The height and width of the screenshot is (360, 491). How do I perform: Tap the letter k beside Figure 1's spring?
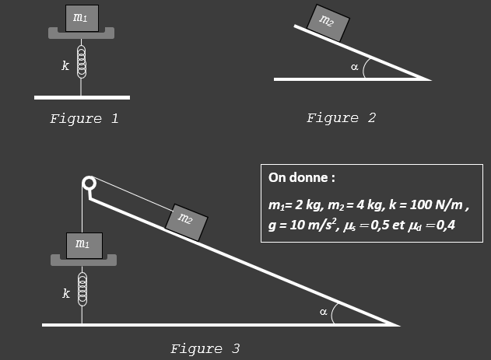point(65,67)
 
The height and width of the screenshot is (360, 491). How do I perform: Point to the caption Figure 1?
point(84,119)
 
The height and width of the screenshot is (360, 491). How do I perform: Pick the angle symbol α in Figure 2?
point(355,67)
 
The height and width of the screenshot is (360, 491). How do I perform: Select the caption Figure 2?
point(341,118)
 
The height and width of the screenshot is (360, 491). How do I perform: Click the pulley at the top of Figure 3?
point(89,184)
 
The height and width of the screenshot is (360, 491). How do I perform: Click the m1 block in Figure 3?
point(82,245)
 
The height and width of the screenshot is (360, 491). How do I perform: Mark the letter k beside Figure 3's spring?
point(65,294)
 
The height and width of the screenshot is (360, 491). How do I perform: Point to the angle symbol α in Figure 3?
point(323,312)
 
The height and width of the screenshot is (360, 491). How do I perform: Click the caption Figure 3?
point(205,348)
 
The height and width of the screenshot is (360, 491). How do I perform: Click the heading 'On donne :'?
point(301,177)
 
